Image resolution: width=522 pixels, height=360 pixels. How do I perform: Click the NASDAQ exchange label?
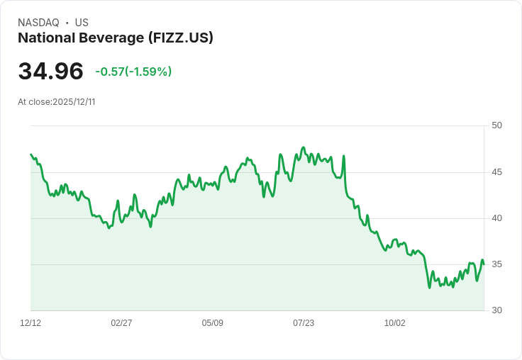click(x=38, y=23)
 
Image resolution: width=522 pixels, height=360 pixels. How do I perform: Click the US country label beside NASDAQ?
click(x=82, y=23)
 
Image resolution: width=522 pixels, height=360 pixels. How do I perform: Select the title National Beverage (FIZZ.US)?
click(x=116, y=38)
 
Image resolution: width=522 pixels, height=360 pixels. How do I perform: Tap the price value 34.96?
click(x=50, y=72)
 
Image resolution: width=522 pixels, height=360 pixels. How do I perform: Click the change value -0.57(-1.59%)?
click(x=133, y=72)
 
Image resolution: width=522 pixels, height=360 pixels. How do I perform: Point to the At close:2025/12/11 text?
click(x=57, y=102)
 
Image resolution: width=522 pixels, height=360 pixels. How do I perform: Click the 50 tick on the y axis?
click(x=497, y=125)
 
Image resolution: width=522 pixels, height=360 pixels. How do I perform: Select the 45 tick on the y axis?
click(x=497, y=172)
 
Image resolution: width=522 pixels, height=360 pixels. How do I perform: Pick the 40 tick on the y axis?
click(x=497, y=218)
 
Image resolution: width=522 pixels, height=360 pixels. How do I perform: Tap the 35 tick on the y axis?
click(x=497, y=264)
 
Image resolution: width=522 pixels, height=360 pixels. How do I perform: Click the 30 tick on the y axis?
click(x=497, y=310)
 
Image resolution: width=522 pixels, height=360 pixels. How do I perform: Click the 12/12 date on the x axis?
click(x=30, y=323)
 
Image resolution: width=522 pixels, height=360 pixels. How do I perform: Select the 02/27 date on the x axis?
click(x=121, y=323)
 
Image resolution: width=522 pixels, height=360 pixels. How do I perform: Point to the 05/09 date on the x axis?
click(x=213, y=323)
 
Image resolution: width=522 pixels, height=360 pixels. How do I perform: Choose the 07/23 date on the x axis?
click(x=304, y=323)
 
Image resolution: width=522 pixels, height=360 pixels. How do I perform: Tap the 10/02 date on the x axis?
click(x=395, y=323)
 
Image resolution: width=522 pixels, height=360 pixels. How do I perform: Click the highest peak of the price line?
click(x=304, y=147)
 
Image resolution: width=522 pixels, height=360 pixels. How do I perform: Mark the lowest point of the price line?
click(x=429, y=287)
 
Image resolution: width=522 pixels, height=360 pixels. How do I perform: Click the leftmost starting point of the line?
click(x=31, y=154)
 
